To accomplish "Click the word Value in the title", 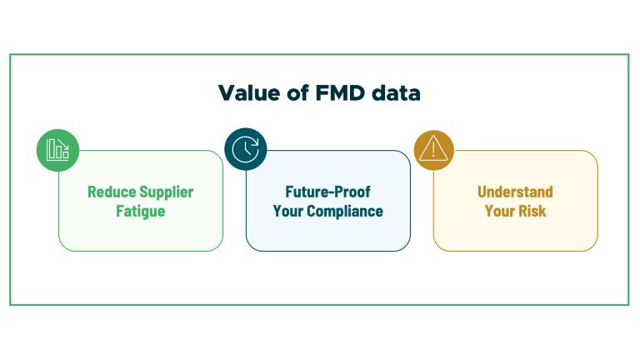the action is [x=249, y=93].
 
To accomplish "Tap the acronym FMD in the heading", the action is [x=340, y=93].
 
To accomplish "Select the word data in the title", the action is [x=396, y=93].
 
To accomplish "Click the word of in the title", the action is [x=297, y=93].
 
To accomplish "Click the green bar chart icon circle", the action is [x=57, y=150].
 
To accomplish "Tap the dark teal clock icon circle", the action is [x=245, y=149].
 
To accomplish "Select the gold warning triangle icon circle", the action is [x=434, y=150].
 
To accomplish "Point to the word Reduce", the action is [x=112, y=192].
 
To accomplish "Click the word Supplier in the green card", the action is [x=167, y=192].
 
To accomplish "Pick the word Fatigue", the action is [x=140, y=212].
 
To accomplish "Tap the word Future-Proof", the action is [x=327, y=192].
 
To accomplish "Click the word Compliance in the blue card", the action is [x=345, y=212].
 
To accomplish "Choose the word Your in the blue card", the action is [x=288, y=212].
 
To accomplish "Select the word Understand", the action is [x=515, y=192].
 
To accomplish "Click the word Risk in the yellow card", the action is [x=532, y=211].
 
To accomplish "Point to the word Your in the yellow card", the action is [x=499, y=211].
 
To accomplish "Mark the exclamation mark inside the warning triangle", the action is [x=433, y=149].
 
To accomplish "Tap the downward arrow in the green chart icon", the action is [x=63, y=144].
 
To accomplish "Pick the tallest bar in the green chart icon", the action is [x=51, y=149].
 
